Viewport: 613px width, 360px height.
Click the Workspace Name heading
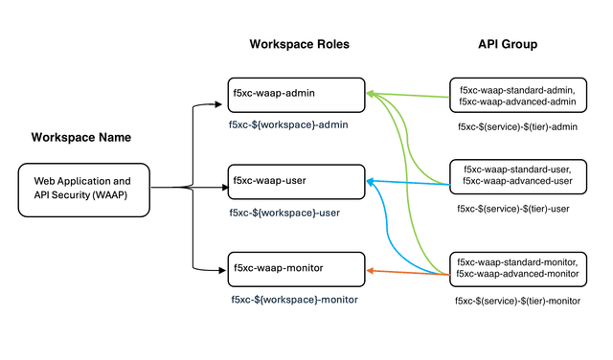(x=81, y=137)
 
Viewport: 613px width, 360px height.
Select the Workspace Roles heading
(x=300, y=44)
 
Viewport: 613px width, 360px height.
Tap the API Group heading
(x=507, y=44)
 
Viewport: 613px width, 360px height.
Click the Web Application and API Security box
(x=84, y=188)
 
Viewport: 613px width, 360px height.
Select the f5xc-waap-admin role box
(x=296, y=95)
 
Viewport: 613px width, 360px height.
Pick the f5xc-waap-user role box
(x=296, y=181)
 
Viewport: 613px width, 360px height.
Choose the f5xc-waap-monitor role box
(x=296, y=269)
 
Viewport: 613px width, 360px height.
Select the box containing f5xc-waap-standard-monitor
(x=516, y=268)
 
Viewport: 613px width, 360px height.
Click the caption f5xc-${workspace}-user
(x=284, y=212)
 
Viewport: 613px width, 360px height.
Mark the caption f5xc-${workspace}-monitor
(x=294, y=300)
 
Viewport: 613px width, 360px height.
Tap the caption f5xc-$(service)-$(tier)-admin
(x=516, y=125)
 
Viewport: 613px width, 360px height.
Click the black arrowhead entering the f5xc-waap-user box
(x=222, y=180)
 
